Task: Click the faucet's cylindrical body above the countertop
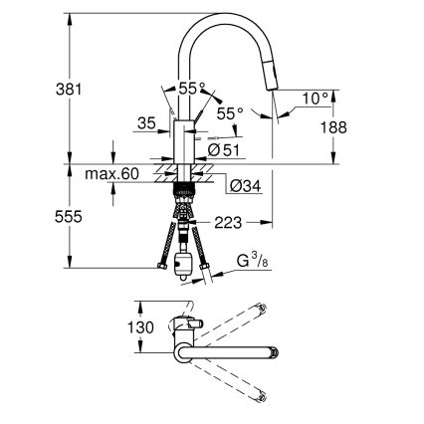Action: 183,139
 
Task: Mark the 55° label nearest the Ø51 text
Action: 230,114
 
